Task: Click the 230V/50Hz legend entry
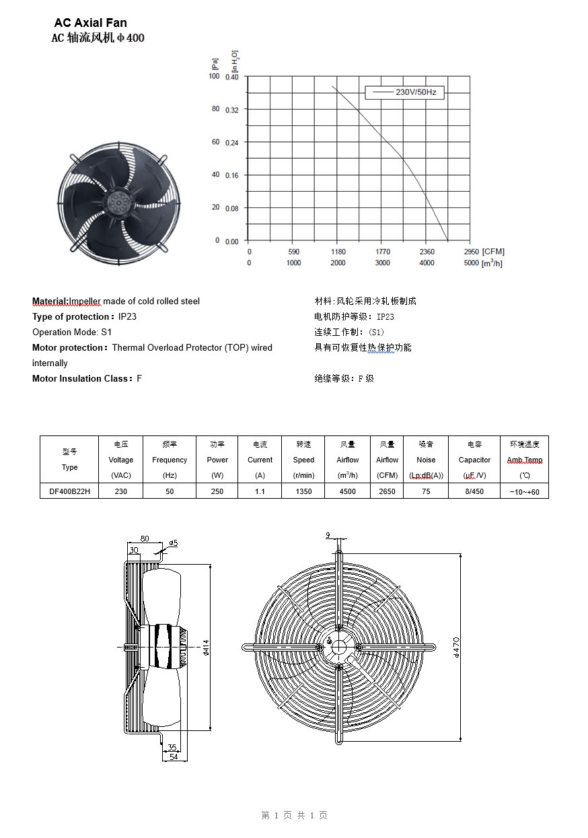[405, 92]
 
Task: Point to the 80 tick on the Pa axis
[216, 109]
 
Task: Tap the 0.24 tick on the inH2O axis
[232, 142]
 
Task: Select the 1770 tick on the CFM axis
[383, 252]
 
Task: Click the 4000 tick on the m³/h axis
[427, 263]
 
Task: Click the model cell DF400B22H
[69, 491]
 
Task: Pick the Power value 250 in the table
[217, 491]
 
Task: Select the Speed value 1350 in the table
[303, 491]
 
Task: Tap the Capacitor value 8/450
[474, 491]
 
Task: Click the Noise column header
[426, 460]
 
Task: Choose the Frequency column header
[170, 460]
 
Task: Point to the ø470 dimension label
[456, 647]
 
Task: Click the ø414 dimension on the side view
[205, 647]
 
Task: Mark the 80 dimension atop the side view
[145, 538]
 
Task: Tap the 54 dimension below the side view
[173, 757]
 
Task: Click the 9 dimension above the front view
[328, 536]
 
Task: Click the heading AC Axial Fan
[90, 24]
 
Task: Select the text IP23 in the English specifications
[127, 316]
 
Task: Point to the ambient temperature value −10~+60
[524, 492]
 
